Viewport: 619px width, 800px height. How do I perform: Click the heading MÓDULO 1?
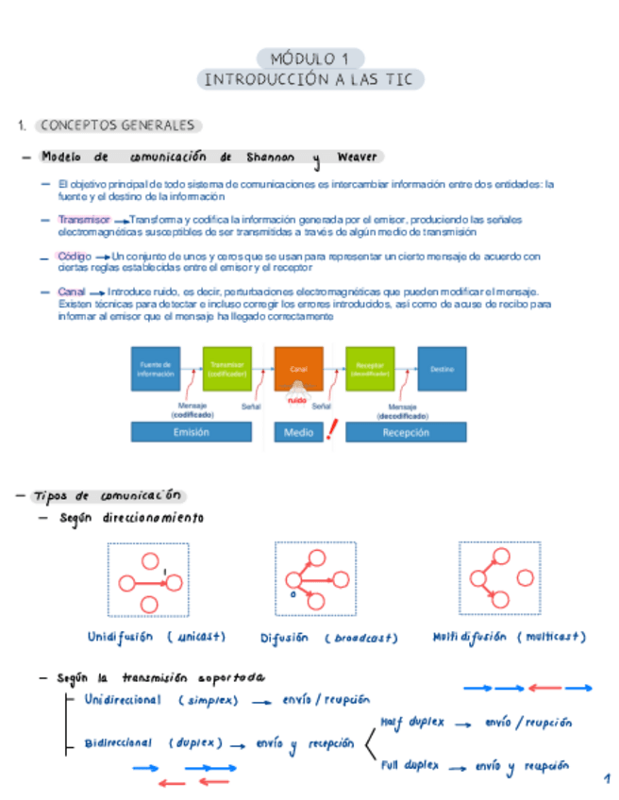(309, 58)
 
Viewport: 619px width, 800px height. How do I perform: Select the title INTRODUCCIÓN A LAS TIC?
(309, 79)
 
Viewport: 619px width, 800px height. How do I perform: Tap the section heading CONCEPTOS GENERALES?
(118, 125)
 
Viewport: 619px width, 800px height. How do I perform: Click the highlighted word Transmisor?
(83, 219)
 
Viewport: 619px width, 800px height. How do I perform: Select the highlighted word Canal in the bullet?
(71, 292)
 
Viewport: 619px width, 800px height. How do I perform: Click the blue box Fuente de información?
(155, 369)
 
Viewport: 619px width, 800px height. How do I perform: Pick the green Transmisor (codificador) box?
(226, 369)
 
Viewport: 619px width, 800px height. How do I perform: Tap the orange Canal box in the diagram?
(298, 369)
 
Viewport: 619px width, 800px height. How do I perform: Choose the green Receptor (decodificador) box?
(370, 369)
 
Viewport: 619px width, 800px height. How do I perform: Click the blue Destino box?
(442, 369)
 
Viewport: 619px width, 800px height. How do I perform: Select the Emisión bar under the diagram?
(191, 432)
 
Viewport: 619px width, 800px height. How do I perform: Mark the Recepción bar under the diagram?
(406, 432)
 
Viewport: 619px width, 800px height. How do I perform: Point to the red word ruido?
(298, 400)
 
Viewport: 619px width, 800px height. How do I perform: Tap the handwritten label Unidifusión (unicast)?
(157, 637)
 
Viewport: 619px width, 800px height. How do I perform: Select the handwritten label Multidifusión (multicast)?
(510, 637)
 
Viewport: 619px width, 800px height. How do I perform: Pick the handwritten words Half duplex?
(412, 722)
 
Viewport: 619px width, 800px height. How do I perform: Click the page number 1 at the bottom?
(607, 778)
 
